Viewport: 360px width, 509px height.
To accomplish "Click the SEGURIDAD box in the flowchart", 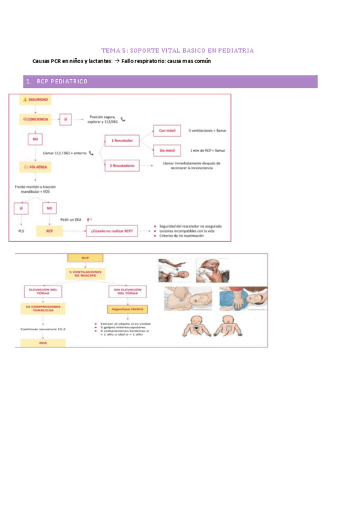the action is pos(35,100).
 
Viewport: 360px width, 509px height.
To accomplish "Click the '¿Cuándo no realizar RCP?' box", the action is pos(113,230).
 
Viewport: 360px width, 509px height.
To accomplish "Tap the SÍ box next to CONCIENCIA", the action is pos(66,119).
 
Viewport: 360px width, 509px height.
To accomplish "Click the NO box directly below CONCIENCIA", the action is pos(35,139).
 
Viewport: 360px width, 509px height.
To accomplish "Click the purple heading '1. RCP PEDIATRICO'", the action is pos(58,82).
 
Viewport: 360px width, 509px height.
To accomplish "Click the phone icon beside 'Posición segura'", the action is pos(124,119).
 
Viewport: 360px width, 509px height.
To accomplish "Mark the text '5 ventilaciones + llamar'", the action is pos(208,130).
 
